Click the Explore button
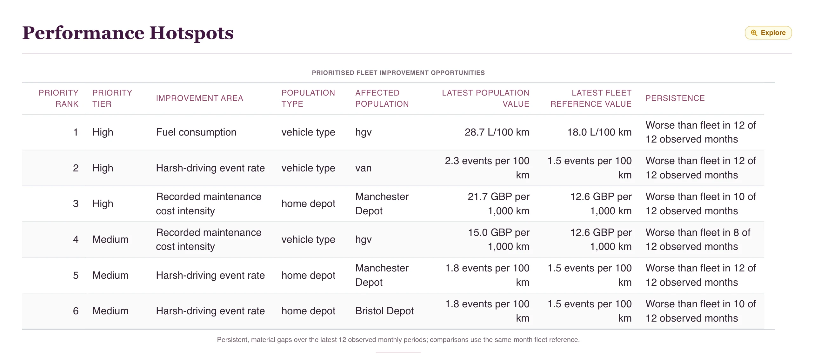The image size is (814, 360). (x=768, y=33)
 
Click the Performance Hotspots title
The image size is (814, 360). (x=128, y=33)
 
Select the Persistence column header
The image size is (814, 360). (x=675, y=98)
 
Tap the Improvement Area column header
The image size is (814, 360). (x=199, y=98)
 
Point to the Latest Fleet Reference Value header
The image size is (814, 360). (x=591, y=98)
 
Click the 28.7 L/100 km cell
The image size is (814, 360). (x=497, y=132)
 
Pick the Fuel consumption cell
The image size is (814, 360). (x=196, y=132)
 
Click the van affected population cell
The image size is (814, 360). (x=363, y=168)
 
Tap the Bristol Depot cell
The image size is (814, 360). (x=384, y=311)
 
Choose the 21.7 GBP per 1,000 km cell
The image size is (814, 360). (x=498, y=203)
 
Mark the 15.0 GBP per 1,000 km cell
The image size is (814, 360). (x=498, y=239)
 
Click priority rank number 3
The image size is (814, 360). (x=76, y=203)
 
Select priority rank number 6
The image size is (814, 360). (x=76, y=311)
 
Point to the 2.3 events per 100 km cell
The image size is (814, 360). (x=487, y=168)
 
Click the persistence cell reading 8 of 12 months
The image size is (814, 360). (x=698, y=239)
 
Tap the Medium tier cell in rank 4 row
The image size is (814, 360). (x=110, y=239)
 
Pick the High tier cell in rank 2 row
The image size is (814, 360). (x=103, y=168)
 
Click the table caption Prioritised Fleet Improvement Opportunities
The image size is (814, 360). (x=398, y=73)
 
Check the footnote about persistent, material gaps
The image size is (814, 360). (x=398, y=340)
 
